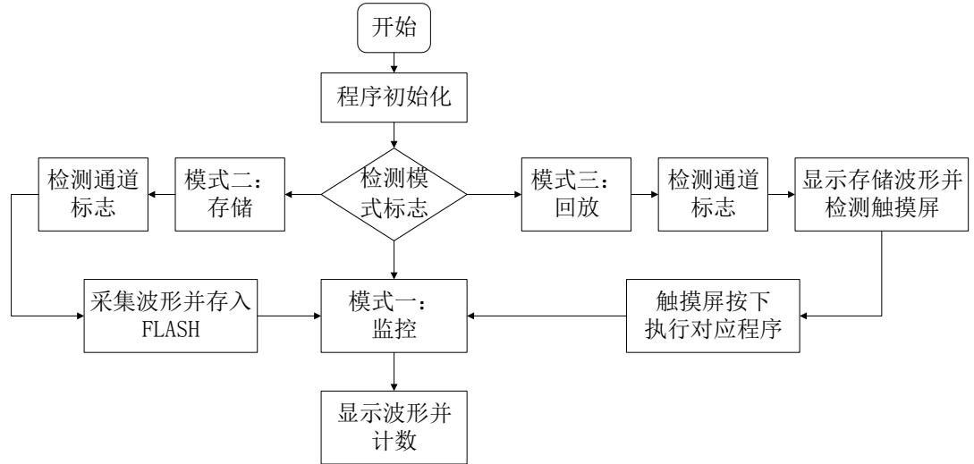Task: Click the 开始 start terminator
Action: coord(394,30)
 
